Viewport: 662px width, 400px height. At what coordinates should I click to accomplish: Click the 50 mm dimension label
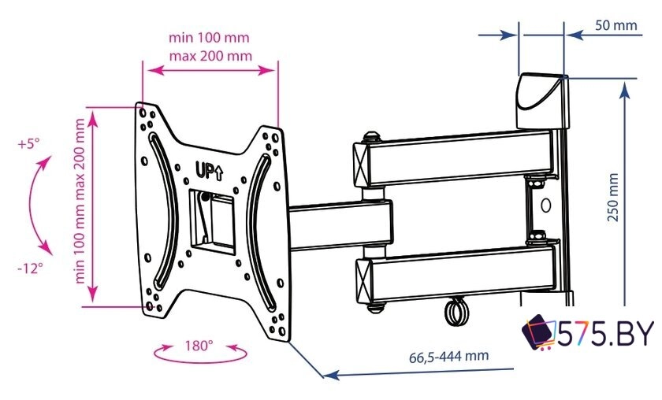(x=616, y=25)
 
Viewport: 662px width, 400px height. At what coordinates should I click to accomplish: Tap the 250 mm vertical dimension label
(x=613, y=197)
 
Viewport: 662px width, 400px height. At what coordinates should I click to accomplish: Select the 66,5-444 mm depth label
(x=448, y=356)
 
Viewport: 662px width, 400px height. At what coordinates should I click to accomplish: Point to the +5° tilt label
(x=28, y=144)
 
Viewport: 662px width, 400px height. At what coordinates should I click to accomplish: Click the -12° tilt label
(x=31, y=268)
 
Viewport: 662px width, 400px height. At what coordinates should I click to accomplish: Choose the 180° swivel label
(x=199, y=346)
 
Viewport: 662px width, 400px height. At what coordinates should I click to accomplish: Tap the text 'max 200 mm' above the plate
(x=210, y=56)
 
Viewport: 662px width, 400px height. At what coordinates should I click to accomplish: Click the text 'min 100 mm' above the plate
(x=209, y=38)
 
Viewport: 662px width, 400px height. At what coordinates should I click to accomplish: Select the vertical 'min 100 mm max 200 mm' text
(x=80, y=201)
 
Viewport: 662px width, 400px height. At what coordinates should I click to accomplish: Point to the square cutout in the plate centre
(x=212, y=222)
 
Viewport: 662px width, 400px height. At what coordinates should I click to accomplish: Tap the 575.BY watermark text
(x=605, y=333)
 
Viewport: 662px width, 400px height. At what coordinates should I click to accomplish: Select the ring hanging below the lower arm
(x=457, y=310)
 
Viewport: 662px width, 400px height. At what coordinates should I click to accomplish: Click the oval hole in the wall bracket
(x=546, y=205)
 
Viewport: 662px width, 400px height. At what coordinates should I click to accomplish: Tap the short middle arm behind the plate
(x=340, y=225)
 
